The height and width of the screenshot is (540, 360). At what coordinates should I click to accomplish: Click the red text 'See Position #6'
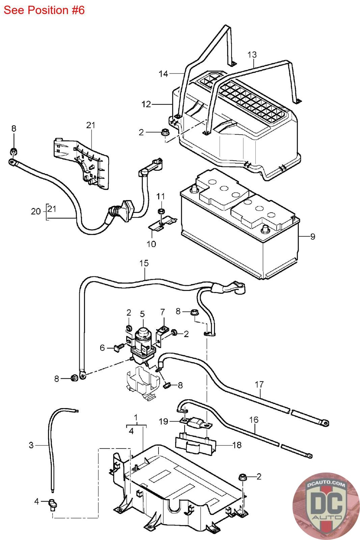coord(44,10)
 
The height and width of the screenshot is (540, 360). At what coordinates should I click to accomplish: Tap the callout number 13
coord(252,55)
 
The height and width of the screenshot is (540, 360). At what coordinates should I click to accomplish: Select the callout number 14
coord(163,74)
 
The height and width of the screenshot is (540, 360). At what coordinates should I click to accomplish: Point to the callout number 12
coord(146,104)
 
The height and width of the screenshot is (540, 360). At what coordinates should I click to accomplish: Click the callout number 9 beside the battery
coord(312,237)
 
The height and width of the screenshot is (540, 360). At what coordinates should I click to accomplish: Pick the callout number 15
coord(144,263)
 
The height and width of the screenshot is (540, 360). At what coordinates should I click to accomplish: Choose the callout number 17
coord(259,384)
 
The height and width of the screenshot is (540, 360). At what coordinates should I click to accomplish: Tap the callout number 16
coord(254,420)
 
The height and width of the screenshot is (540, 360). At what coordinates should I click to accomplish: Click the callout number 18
coord(237,445)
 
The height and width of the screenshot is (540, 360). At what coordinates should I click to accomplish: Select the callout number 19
coord(163,422)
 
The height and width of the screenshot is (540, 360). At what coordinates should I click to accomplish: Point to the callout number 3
coord(31,445)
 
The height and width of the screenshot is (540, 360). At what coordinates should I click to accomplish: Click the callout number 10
coord(151,244)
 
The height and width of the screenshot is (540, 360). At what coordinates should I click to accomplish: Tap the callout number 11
coord(161,196)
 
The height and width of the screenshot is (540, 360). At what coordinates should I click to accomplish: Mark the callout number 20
coord(36,211)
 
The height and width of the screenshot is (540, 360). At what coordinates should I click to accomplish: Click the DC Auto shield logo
coord(326,506)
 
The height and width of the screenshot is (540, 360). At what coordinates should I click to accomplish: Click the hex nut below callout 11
coord(161,211)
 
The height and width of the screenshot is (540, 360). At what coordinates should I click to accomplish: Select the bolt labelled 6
coord(118,349)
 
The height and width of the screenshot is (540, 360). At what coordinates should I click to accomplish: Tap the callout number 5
coord(142,314)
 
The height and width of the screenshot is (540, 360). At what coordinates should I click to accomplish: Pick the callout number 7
coord(163,312)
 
